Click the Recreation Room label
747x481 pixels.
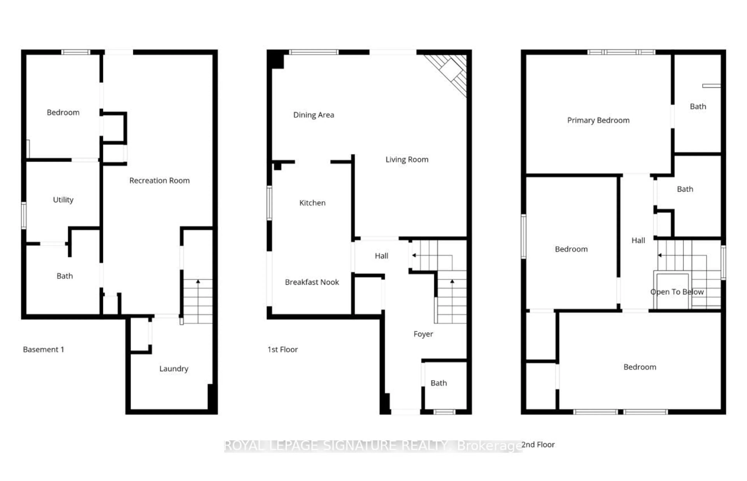(x=160, y=180)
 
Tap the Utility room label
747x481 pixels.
(x=63, y=200)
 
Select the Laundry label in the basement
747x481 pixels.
(x=174, y=369)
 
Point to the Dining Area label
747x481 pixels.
(x=314, y=115)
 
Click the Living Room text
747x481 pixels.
(x=407, y=160)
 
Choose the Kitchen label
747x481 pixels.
(x=312, y=203)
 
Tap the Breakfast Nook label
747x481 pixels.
(x=312, y=282)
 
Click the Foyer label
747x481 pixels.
(x=423, y=334)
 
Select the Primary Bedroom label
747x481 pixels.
(x=598, y=121)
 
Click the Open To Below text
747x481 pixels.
(x=677, y=292)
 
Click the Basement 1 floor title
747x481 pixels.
(x=43, y=349)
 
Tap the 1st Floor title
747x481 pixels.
(x=282, y=349)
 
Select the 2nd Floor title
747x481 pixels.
(x=538, y=445)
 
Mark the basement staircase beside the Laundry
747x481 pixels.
(x=198, y=301)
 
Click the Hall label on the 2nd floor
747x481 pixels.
(x=638, y=240)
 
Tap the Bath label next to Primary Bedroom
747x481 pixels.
(x=698, y=106)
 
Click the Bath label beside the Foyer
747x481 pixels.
(x=438, y=383)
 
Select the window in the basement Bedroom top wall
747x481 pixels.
(x=75, y=52)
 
